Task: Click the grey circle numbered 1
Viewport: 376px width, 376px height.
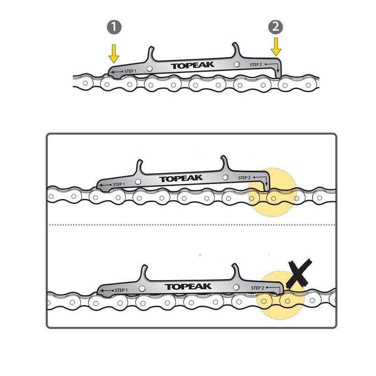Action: point(114,27)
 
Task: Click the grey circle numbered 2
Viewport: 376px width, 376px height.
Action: point(276,27)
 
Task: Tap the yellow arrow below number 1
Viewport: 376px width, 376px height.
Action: point(114,53)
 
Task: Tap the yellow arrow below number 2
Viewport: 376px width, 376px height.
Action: point(276,47)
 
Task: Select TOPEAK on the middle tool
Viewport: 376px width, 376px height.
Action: point(180,179)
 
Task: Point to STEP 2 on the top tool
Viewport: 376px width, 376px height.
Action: point(256,64)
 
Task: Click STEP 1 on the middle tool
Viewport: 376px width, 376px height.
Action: point(118,184)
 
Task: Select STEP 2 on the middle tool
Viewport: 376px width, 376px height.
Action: point(245,178)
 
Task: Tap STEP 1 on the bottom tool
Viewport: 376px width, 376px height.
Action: point(120,290)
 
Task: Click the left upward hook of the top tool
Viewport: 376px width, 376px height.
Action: point(151,52)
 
